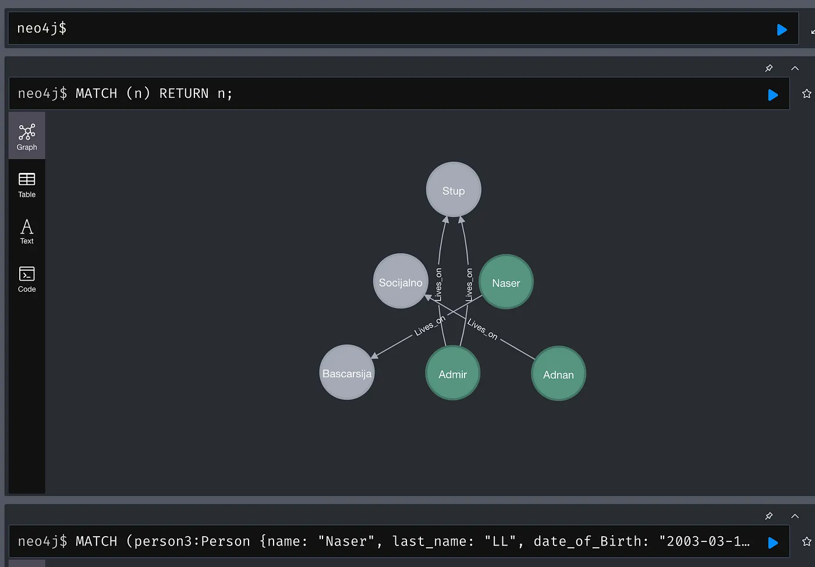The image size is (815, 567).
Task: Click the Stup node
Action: pyautogui.click(x=453, y=190)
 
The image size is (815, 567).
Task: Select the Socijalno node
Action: pyautogui.click(x=401, y=281)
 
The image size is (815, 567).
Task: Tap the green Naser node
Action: pyautogui.click(x=506, y=282)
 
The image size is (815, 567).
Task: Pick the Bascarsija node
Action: pyautogui.click(x=347, y=373)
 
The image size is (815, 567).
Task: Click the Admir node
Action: pyautogui.click(x=453, y=373)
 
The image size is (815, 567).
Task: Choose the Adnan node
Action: pyautogui.click(x=558, y=373)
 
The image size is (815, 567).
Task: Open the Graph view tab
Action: pyautogui.click(x=27, y=136)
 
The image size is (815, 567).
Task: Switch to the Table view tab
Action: pyautogui.click(x=27, y=185)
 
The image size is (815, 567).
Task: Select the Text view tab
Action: pyautogui.click(x=27, y=232)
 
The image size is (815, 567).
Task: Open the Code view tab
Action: pyautogui.click(x=27, y=279)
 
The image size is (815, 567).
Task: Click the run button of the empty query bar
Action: pyautogui.click(x=781, y=30)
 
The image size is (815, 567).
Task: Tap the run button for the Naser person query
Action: pyautogui.click(x=773, y=543)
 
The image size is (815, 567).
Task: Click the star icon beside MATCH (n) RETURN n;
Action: pyautogui.click(x=807, y=94)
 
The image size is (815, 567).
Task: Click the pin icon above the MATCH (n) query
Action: pyautogui.click(x=769, y=68)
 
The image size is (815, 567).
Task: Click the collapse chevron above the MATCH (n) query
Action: pyautogui.click(x=795, y=68)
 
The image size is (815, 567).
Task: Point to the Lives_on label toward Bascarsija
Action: pyautogui.click(x=430, y=326)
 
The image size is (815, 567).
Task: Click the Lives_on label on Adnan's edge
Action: pyautogui.click(x=483, y=329)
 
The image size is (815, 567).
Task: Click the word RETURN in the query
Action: pyautogui.click(x=184, y=94)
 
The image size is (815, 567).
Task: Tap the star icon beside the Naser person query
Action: pyautogui.click(x=807, y=541)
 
